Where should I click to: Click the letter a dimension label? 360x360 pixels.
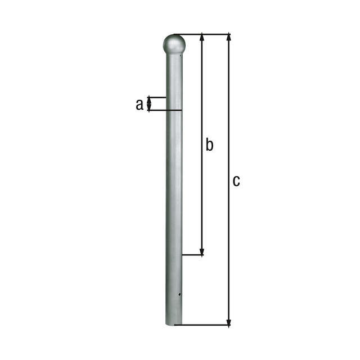coord(139,104)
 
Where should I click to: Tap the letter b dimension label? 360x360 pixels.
coord(209,145)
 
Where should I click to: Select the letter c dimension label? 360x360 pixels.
coord(236,181)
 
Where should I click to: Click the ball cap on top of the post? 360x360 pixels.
coord(174,44)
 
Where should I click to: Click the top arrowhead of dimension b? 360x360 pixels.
coord(202,38)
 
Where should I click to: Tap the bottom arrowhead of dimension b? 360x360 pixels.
coord(202,252)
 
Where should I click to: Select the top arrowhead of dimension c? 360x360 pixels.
coord(229,38)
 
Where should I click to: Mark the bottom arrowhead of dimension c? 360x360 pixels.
coord(229,322)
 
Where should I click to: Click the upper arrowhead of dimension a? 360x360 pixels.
coord(149,100)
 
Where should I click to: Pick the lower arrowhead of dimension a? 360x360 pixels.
coord(149,107)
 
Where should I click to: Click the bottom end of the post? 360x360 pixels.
coord(174,323)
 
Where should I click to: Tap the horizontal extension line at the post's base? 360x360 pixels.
coord(206,326)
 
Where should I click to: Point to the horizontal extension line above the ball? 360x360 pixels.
coord(202,34)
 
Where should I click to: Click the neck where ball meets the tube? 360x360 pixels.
coord(174,55)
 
